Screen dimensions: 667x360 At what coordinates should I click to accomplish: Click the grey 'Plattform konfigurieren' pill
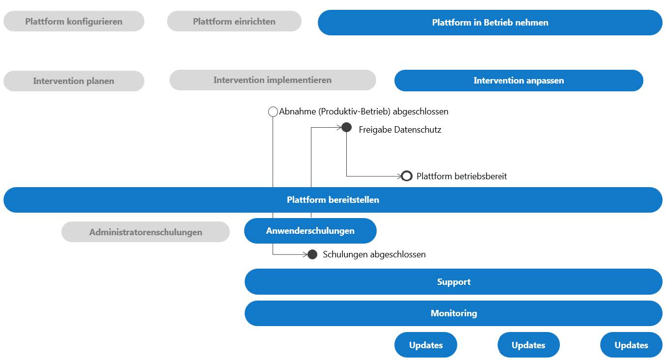(x=74, y=21)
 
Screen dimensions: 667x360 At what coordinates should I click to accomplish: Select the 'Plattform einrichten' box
(x=234, y=21)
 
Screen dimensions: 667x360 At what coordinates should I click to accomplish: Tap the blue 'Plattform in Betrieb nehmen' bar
(x=490, y=23)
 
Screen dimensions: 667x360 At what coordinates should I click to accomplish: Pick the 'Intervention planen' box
(x=74, y=81)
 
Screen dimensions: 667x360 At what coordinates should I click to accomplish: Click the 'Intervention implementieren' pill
(x=273, y=80)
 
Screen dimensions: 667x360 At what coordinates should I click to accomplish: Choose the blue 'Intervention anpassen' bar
(x=519, y=81)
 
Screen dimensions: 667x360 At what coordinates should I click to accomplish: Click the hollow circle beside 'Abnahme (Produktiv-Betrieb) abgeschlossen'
(x=273, y=111)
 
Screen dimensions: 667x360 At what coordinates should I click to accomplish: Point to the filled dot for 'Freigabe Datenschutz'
(x=346, y=127)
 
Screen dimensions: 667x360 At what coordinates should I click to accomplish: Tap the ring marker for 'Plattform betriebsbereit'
(x=407, y=176)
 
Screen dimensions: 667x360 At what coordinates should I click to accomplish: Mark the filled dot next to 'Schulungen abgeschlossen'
(x=312, y=254)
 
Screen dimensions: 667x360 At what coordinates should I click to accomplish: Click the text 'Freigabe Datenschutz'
(x=400, y=130)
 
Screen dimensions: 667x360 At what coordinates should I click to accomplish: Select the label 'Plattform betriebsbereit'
(x=462, y=176)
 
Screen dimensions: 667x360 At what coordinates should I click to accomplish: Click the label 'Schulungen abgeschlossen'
(x=374, y=254)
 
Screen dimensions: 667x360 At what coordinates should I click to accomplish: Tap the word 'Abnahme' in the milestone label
(x=298, y=111)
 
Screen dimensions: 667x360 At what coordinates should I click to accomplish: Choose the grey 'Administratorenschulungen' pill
(x=145, y=232)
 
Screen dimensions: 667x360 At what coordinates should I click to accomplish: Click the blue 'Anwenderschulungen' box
(x=310, y=231)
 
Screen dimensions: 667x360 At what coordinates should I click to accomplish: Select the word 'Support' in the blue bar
(x=454, y=282)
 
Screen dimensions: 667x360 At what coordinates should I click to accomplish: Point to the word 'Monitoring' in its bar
(x=454, y=313)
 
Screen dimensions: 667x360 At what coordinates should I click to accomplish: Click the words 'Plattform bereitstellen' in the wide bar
(x=333, y=200)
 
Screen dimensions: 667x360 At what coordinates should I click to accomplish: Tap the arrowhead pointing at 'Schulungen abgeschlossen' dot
(x=305, y=254)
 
